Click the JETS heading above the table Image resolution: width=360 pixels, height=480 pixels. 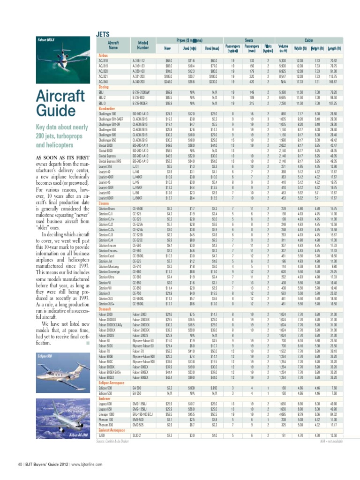point(103,34)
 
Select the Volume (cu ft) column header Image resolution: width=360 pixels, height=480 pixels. point(283,48)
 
